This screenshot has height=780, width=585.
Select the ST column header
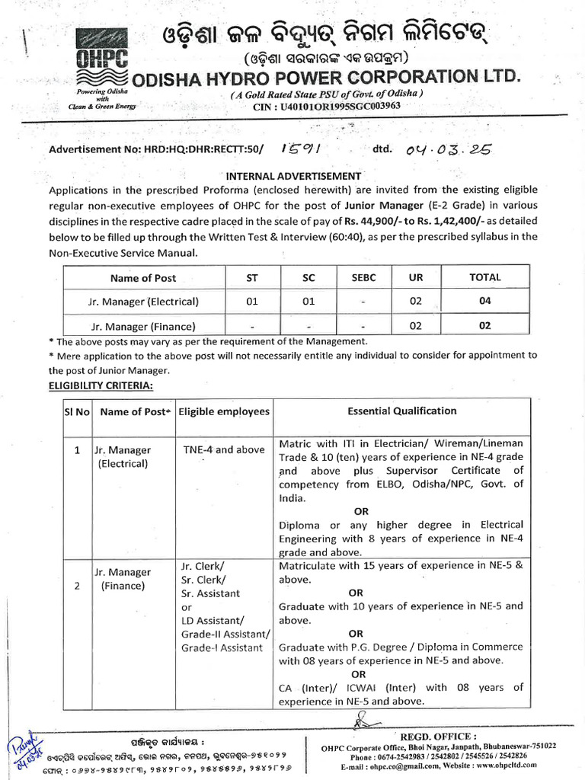click(251, 278)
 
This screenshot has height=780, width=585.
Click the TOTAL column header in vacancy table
click(484, 277)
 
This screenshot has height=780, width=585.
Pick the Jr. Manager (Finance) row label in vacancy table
click(143, 326)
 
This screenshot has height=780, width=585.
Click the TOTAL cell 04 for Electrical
click(484, 302)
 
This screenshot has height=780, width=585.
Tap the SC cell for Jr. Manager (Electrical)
click(308, 302)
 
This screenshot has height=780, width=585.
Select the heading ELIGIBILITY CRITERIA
click(101, 386)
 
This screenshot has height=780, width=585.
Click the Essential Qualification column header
click(401, 411)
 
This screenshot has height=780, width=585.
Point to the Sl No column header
click(77, 411)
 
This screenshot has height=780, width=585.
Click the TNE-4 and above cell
click(223, 449)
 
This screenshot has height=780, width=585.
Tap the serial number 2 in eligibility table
click(77, 586)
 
